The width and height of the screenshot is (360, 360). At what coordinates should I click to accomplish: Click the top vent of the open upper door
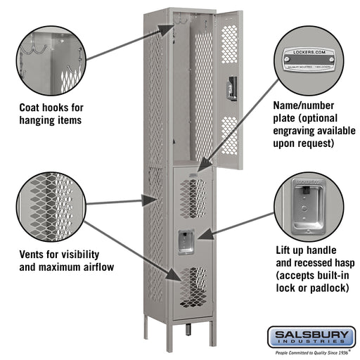click(x=229, y=44)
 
